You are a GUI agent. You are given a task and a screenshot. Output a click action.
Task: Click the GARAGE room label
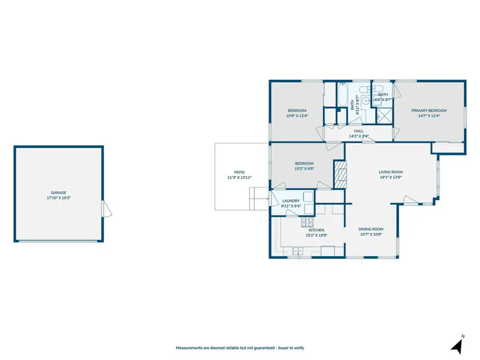click(59, 193)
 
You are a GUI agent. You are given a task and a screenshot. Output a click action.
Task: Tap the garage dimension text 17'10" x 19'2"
click(59, 197)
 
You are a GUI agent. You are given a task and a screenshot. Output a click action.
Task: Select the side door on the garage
click(107, 209)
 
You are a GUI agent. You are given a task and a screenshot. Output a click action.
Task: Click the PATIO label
click(239, 172)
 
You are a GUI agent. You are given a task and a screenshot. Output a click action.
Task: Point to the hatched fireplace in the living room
click(340, 173)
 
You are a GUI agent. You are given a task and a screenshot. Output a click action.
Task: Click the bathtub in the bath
click(342, 97)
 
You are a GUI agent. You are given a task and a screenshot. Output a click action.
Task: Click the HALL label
click(358, 131)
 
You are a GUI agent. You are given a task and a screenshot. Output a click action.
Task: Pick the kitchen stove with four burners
click(307, 222)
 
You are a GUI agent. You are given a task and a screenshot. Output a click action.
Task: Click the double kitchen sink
click(297, 251)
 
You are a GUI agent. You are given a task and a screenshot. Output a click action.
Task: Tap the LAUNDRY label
click(291, 201)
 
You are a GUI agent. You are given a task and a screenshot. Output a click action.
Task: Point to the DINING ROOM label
click(371, 229)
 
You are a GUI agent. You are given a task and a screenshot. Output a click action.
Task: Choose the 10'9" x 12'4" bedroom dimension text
click(297, 115)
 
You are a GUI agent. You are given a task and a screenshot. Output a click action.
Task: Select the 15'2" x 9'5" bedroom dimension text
click(304, 169)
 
